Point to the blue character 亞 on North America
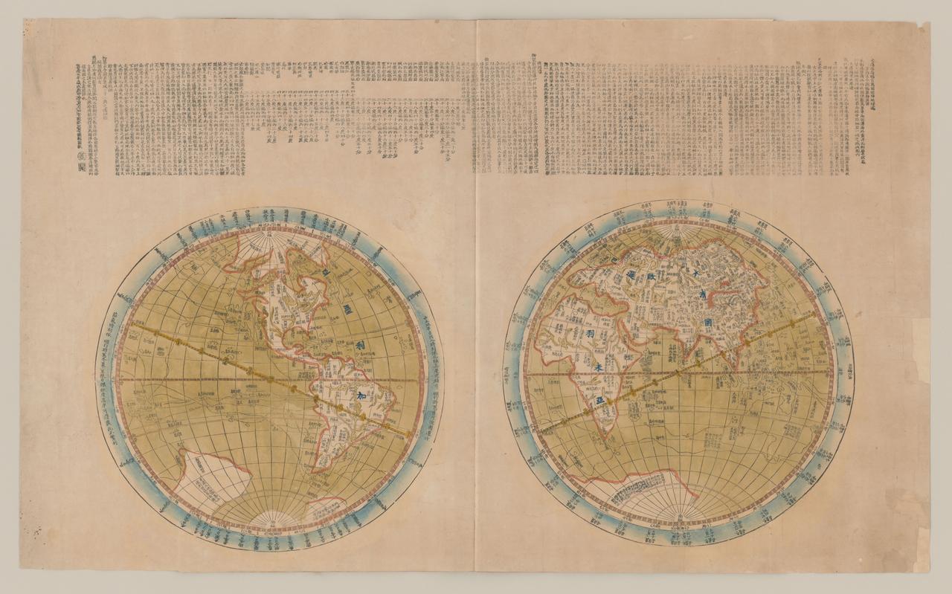tap(324, 274)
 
